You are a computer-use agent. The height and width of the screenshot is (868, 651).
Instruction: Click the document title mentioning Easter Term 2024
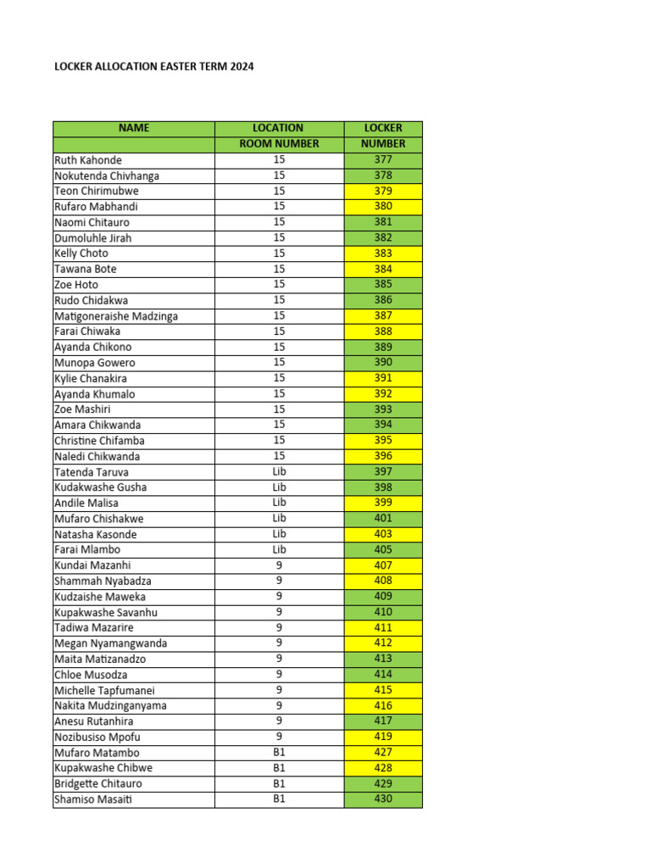[x=153, y=66]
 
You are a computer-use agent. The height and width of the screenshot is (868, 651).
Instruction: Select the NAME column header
[x=134, y=128]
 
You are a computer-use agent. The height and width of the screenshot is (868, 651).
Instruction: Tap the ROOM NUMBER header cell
[x=279, y=144]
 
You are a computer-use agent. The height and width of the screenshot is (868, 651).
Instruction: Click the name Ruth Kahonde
[x=88, y=160]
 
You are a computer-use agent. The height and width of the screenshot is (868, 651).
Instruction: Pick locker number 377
[x=383, y=159]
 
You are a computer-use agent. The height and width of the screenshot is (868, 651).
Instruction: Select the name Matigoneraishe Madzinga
[x=116, y=316]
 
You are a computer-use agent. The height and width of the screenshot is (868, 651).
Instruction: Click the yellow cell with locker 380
[x=383, y=206]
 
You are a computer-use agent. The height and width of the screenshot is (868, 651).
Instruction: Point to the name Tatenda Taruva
[x=92, y=472]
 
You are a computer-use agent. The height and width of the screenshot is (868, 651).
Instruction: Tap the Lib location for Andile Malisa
[x=279, y=503]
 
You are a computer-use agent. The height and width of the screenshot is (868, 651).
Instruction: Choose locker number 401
[x=383, y=518]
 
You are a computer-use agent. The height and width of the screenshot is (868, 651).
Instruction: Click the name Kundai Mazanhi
[x=92, y=565]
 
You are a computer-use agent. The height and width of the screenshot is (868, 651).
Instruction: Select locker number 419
[x=383, y=737]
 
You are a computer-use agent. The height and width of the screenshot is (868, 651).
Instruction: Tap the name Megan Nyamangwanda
[x=110, y=643]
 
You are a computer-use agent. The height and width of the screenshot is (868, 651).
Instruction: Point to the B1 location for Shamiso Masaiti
[x=279, y=799]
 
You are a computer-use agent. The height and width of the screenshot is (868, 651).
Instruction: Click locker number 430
[x=383, y=799]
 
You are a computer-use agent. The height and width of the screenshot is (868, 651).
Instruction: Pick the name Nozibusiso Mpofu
[x=97, y=737]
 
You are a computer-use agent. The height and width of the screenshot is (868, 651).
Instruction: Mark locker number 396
[x=383, y=456]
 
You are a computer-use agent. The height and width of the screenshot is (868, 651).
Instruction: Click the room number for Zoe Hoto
[x=279, y=284]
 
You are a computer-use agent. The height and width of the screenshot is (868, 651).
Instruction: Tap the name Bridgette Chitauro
[x=97, y=784]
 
